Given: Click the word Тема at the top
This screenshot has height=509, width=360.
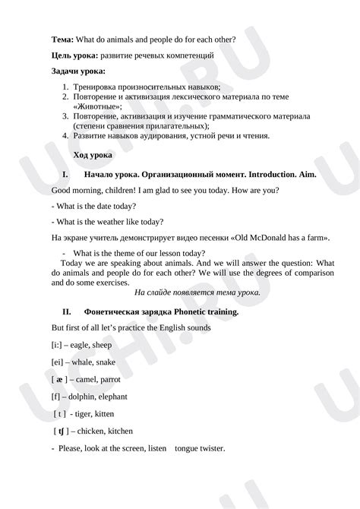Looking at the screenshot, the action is click(x=63, y=40).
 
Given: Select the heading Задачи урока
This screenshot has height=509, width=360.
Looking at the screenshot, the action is click(x=78, y=71).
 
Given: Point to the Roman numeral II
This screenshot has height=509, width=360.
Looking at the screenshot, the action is click(x=66, y=311).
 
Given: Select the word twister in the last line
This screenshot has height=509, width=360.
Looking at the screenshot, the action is click(x=208, y=449).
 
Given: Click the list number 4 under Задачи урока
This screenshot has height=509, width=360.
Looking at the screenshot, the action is click(x=66, y=136).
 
